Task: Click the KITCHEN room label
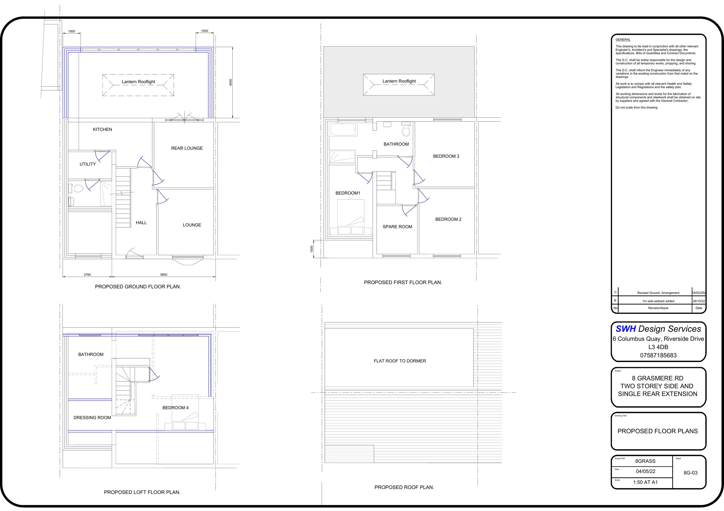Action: click(x=102, y=129)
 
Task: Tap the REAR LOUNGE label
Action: click(x=187, y=148)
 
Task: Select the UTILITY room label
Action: click(x=87, y=164)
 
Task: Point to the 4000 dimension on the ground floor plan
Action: click(x=230, y=82)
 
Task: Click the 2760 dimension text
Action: click(x=87, y=275)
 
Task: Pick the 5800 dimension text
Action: click(x=164, y=275)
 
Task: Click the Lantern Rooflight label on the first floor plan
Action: click(x=399, y=81)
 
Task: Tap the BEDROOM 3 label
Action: click(x=446, y=156)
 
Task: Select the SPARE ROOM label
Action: click(x=397, y=227)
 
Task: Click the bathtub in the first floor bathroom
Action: click(x=343, y=129)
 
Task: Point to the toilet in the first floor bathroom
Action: click(x=406, y=130)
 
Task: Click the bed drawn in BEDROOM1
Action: click(x=351, y=217)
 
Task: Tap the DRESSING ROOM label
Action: click(x=92, y=418)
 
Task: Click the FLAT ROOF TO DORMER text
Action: click(x=399, y=361)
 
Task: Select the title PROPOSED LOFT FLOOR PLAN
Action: click(x=142, y=492)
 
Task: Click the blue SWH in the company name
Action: click(x=625, y=329)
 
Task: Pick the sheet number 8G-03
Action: click(x=690, y=473)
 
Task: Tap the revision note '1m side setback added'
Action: click(x=658, y=301)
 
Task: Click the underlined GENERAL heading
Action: click(x=623, y=40)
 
